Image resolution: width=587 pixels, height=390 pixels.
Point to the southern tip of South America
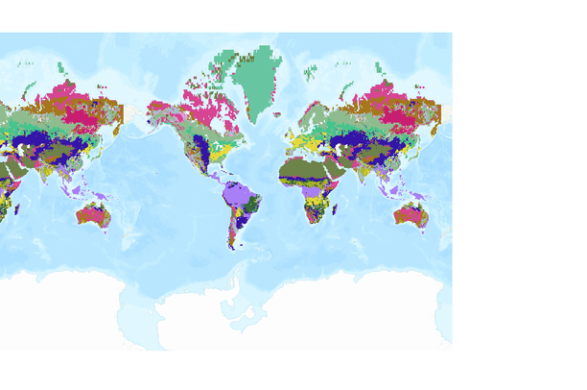click(233, 247)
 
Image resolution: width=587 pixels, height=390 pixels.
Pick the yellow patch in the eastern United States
click(222, 152)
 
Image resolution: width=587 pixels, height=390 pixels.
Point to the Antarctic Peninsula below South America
click(228, 288)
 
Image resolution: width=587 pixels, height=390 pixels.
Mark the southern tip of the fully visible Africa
click(316, 222)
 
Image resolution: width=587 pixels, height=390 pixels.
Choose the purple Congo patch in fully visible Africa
click(316, 190)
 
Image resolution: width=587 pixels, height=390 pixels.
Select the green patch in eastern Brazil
click(252, 205)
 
